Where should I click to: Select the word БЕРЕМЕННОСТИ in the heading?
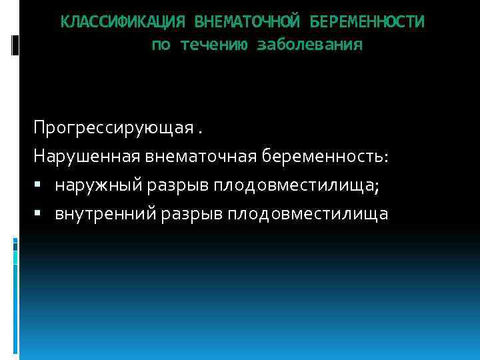367,22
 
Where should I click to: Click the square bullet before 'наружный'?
42,185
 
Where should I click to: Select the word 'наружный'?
94,185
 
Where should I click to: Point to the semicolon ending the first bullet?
377,187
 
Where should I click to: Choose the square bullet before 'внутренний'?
42,214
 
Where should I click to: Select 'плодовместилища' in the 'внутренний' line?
307,214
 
